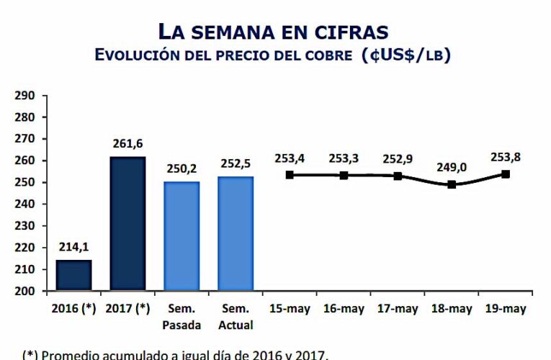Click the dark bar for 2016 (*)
tap(73, 276)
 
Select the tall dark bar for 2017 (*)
tap(127, 224)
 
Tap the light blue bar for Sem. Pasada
tap(182, 236)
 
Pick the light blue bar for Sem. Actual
tap(236, 234)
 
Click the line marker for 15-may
tap(290, 174)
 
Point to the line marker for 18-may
tap(452, 184)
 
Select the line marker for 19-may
tap(506, 174)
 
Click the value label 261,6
tap(127, 144)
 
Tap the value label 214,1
tap(73, 248)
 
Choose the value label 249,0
tap(452, 167)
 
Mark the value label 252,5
tap(236, 164)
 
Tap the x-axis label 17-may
tap(398, 309)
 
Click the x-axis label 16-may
tap(344, 309)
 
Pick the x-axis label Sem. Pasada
tap(182, 317)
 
